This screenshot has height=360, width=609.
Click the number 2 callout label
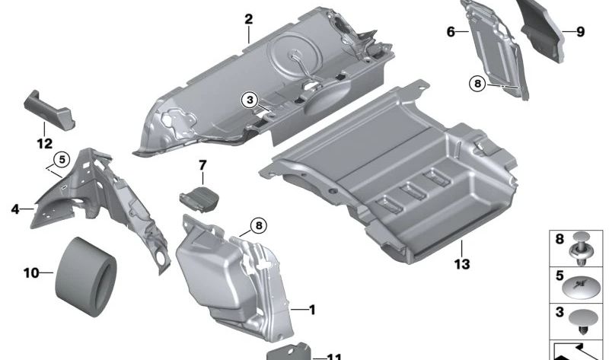click(x=248, y=19)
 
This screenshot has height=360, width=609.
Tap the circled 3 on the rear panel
click(x=251, y=100)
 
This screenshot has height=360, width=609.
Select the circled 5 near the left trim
click(x=61, y=160)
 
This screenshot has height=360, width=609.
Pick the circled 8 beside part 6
click(x=478, y=84)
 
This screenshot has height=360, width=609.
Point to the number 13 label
click(x=461, y=265)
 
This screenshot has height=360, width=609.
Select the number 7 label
click(x=202, y=165)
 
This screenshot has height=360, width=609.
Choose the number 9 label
click(x=579, y=31)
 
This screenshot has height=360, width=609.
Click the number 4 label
click(x=16, y=207)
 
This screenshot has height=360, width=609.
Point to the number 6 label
click(x=451, y=31)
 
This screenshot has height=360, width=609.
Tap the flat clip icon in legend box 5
click(x=585, y=287)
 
